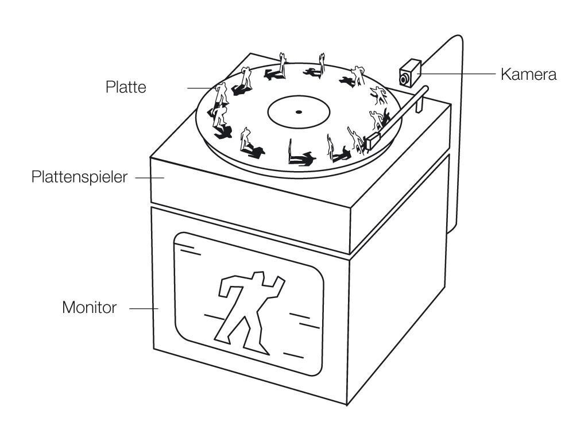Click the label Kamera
click(528, 74)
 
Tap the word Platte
click(126, 87)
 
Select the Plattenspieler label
click(79, 177)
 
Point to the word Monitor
click(89, 308)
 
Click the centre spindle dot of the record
click(298, 111)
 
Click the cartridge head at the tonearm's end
click(373, 138)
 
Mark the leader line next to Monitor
click(144, 308)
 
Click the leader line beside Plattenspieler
click(149, 177)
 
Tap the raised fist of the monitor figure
click(280, 281)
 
